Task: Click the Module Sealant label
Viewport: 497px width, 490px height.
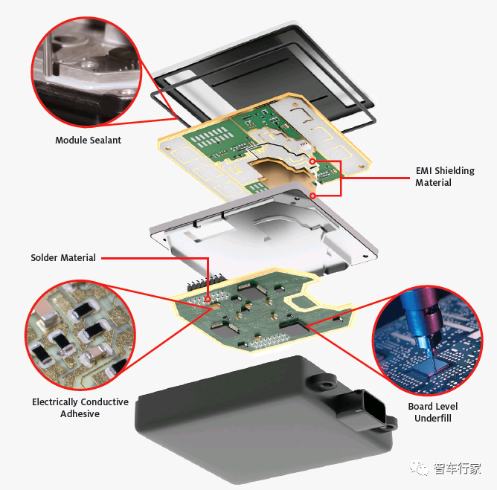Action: [x=88, y=140]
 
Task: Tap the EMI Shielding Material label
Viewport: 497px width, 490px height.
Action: [x=445, y=176]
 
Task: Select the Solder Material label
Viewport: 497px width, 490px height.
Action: [x=63, y=257]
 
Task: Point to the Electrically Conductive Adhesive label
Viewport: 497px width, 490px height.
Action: [x=80, y=407]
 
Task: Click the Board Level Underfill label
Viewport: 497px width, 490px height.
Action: [x=433, y=412]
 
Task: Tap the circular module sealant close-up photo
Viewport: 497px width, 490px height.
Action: [x=86, y=72]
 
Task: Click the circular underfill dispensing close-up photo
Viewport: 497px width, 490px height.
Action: [x=428, y=341]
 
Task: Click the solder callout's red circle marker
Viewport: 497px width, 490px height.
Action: [x=208, y=299]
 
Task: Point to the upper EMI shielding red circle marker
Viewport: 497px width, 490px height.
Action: [x=312, y=161]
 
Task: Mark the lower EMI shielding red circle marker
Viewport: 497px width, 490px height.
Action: [x=312, y=196]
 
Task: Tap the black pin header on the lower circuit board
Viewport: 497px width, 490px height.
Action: [x=205, y=283]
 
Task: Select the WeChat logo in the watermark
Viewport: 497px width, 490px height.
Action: [x=420, y=468]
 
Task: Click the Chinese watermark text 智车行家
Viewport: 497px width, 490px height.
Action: [x=457, y=468]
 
